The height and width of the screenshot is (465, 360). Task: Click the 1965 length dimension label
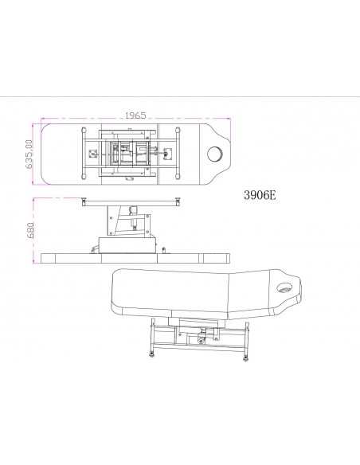(x=135, y=115)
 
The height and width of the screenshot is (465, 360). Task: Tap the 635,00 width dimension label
(x=29, y=154)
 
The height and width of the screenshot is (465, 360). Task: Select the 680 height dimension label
(x=30, y=230)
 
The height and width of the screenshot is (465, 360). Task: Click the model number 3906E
(x=260, y=195)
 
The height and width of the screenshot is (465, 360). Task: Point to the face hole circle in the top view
(x=216, y=154)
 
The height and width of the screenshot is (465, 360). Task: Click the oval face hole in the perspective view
(x=284, y=287)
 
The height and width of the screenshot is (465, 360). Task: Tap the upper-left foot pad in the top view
(x=84, y=131)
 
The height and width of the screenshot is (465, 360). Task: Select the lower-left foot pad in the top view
(x=84, y=177)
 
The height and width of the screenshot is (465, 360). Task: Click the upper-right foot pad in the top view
(x=178, y=131)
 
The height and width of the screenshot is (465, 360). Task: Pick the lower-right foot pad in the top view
(x=178, y=177)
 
